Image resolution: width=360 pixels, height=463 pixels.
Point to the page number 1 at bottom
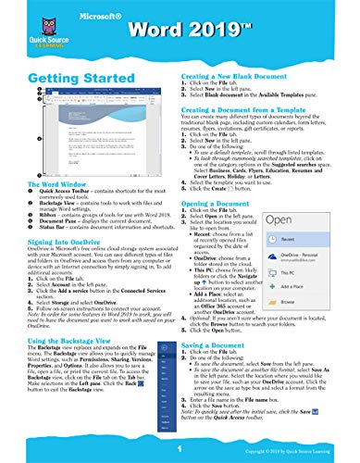tap(180, 445)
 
